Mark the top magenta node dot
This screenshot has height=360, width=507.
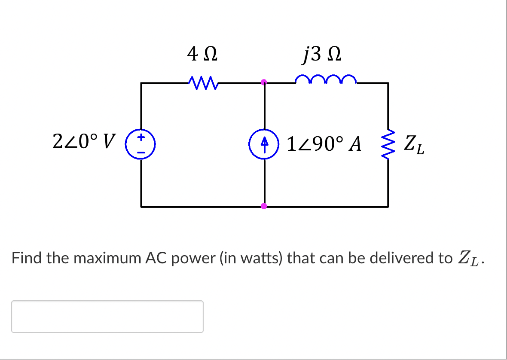264,81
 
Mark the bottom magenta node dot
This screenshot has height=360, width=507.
264,206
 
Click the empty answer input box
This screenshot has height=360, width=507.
107,317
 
